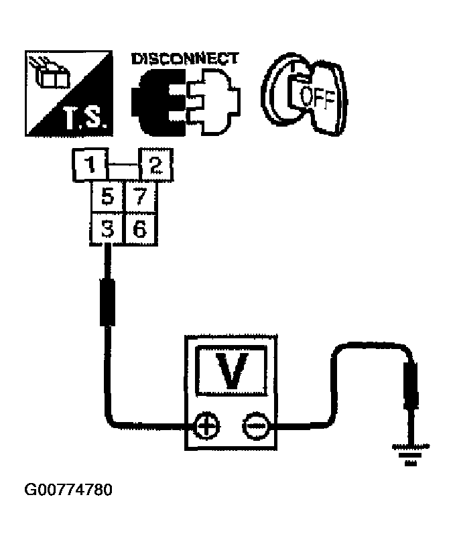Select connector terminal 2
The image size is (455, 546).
click(x=155, y=165)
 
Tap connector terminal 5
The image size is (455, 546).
click(x=106, y=197)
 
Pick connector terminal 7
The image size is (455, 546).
click(x=139, y=197)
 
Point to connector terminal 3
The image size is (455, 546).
click(x=106, y=229)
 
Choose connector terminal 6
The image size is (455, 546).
click(x=139, y=229)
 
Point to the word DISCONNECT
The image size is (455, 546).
click(x=184, y=59)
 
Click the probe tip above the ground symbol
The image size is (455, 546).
click(x=411, y=385)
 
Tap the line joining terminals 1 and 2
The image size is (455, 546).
click(x=122, y=165)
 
